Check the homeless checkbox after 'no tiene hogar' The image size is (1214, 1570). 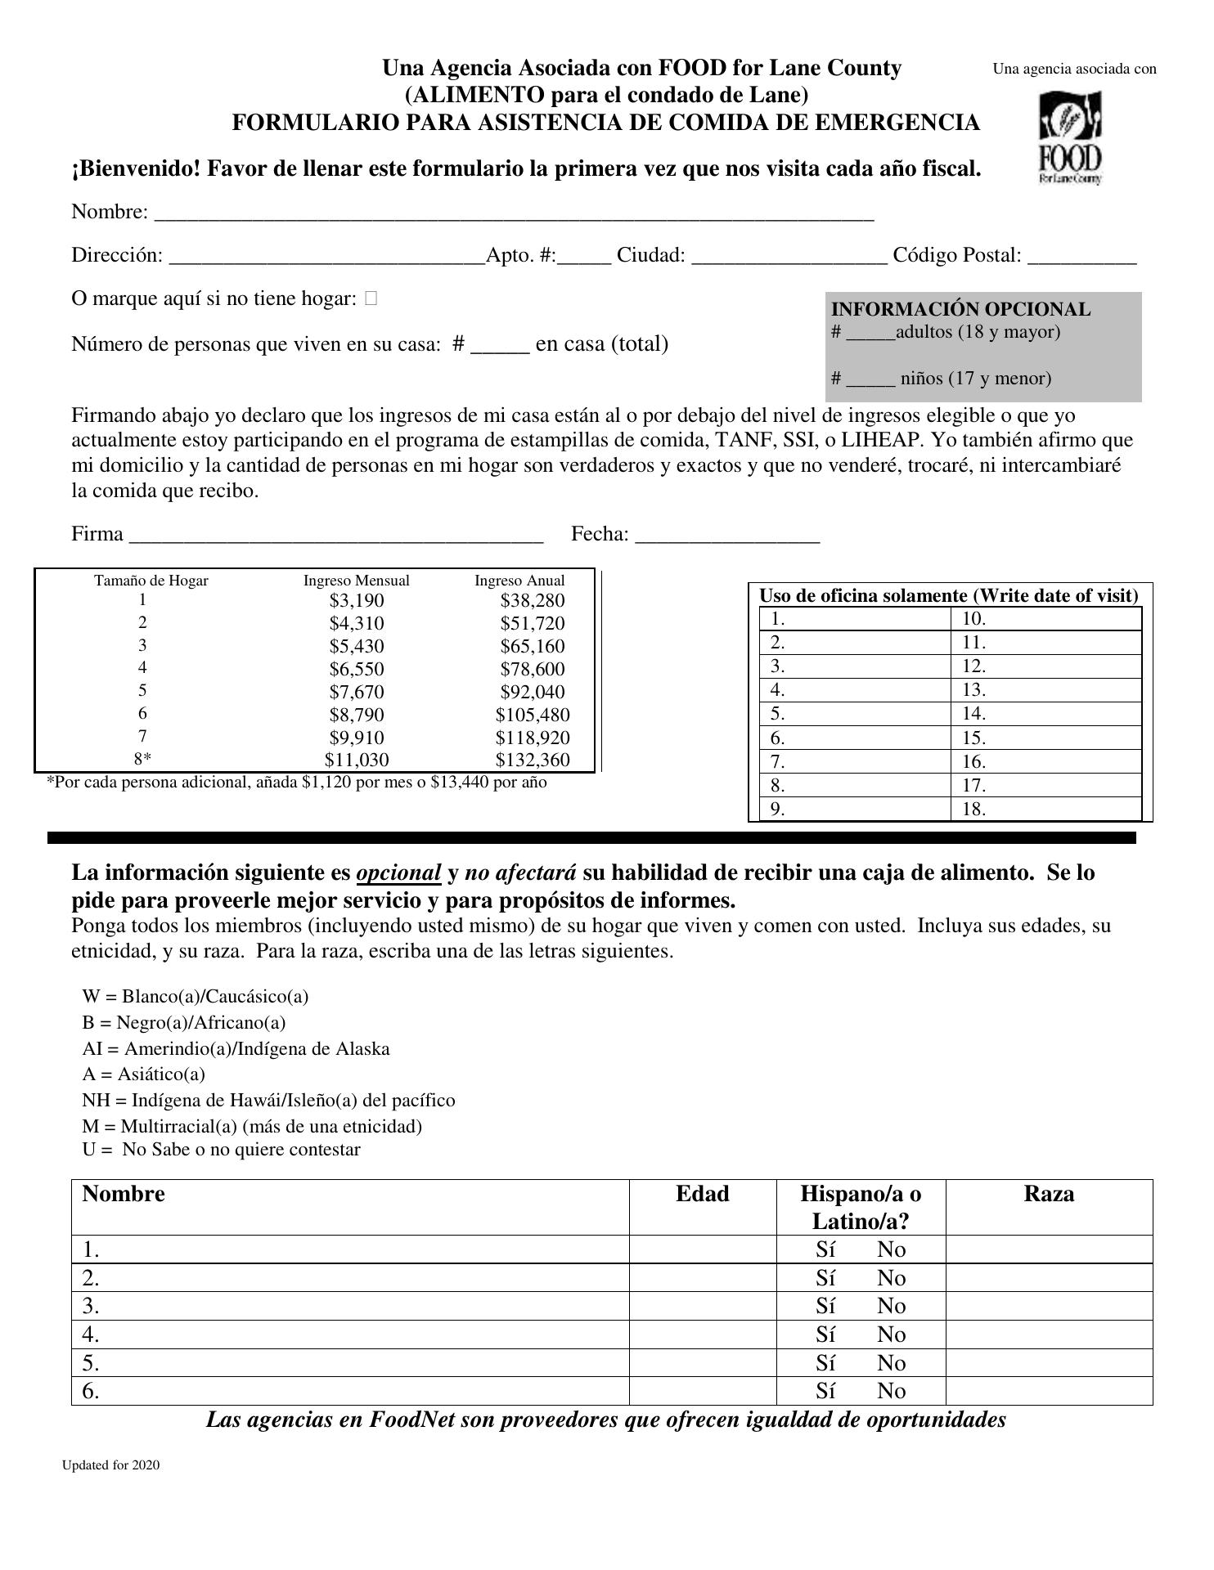371,299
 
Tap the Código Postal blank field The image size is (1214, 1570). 1081,257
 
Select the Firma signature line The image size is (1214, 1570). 336,536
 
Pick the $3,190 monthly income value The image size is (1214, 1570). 357,601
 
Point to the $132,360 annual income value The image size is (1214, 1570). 532,760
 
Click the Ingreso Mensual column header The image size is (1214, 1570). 357,581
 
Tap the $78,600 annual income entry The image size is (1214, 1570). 532,670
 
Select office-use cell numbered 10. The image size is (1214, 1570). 1046,619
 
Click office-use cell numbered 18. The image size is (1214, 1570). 1046,810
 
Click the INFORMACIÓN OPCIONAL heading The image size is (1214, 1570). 960,310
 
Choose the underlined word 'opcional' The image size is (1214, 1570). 398,873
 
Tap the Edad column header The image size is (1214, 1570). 702,1195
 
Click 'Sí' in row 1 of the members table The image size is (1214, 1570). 825,1250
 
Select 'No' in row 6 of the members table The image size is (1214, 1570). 891,1392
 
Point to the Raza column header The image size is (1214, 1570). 1049,1195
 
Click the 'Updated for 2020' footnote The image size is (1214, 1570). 111,1465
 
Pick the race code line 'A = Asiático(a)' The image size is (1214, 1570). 144,1074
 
